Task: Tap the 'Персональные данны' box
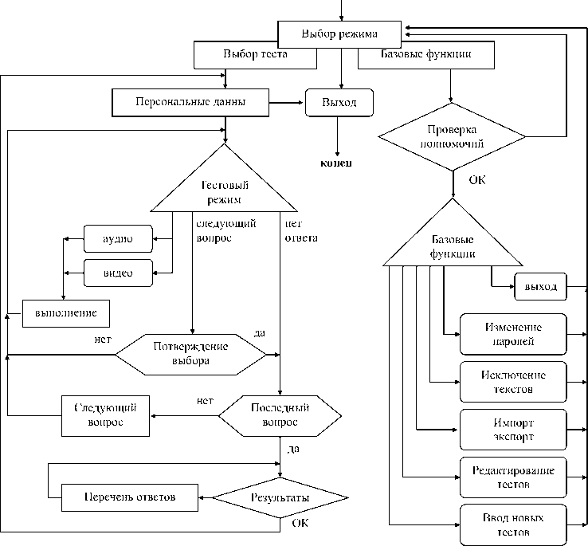tap(190, 102)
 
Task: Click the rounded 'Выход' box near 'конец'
tap(339, 103)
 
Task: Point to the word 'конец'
tap(335, 163)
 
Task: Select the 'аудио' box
tap(118, 238)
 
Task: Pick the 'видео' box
tap(118, 273)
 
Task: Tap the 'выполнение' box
tap(65, 312)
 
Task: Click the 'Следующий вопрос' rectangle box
tap(105, 414)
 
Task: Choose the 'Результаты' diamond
tap(280, 497)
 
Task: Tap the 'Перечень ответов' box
tap(129, 497)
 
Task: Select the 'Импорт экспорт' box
tap(513, 429)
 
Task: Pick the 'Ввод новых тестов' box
tap(513, 526)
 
